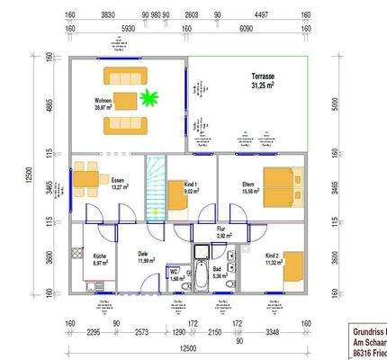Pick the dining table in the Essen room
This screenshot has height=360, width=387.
pyautogui.click(x=85, y=180)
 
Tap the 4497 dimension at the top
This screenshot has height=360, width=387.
pyautogui.click(x=263, y=15)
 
